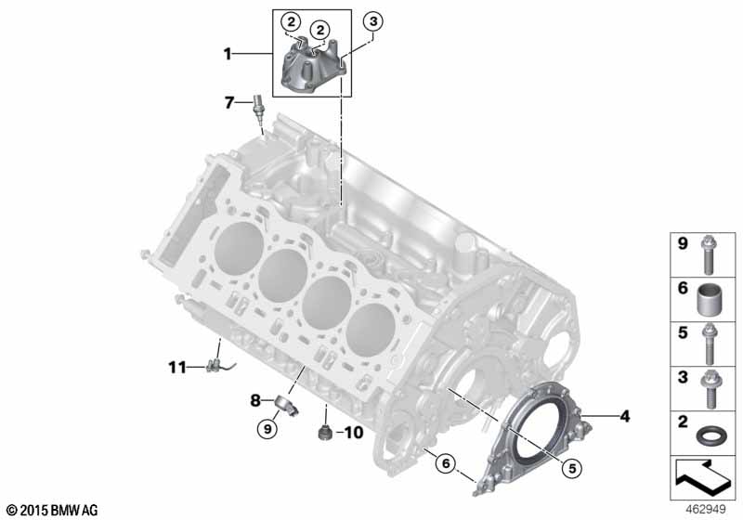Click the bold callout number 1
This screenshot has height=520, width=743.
228,54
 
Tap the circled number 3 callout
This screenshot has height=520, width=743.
373,21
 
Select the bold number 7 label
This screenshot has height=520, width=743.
229,102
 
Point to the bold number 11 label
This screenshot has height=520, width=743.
177,367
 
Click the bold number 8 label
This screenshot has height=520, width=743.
255,401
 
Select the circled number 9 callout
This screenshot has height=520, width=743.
267,429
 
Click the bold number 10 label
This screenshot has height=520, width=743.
353,433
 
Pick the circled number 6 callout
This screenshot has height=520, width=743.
446,463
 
